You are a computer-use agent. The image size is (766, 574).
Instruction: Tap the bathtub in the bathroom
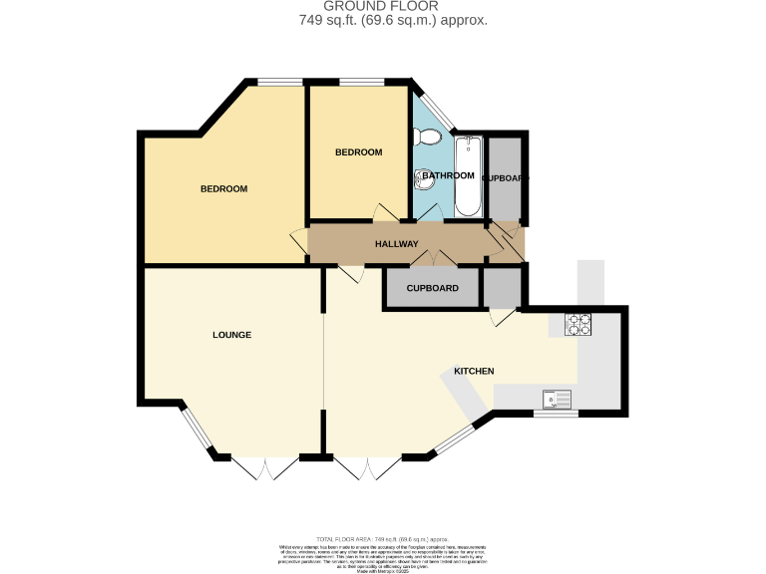pos(469,176)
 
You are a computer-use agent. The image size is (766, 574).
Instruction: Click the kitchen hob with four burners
pos(578,324)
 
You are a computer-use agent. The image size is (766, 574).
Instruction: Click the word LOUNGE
pos(231,335)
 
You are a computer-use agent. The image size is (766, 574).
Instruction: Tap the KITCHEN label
pos(474,371)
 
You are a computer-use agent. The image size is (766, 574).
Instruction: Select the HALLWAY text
pos(396,244)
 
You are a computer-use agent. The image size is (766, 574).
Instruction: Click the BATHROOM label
pos(448,175)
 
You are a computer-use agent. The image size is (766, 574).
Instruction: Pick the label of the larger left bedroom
pos(223,189)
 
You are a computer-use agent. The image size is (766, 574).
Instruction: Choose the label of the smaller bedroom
pos(358,152)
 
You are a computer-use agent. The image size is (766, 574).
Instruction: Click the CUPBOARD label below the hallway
pos(432,289)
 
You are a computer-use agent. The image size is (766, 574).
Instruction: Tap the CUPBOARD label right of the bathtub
pos(505,177)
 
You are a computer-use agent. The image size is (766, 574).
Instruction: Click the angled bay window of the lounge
pos(196,430)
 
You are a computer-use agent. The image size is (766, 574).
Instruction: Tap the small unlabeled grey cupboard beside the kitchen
pos(502,288)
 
